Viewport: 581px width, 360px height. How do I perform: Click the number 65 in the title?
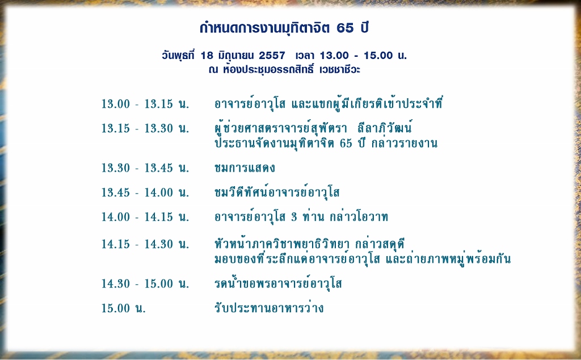[345, 28]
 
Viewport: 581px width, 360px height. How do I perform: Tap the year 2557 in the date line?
[272, 56]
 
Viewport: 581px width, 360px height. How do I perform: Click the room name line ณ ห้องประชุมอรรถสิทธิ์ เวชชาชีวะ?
[284, 70]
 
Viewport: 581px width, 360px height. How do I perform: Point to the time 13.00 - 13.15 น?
[145, 104]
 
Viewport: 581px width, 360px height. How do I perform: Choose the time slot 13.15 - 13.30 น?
[145, 128]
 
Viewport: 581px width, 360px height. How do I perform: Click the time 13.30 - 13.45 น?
[145, 168]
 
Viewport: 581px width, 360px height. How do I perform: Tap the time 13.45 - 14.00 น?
[145, 192]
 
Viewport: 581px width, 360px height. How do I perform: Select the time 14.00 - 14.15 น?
[145, 217]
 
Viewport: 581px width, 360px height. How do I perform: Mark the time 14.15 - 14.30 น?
[145, 244]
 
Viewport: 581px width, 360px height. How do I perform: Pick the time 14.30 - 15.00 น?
[145, 283]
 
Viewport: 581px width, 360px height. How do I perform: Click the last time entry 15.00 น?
[124, 308]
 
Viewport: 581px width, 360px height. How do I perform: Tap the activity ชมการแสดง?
[245, 168]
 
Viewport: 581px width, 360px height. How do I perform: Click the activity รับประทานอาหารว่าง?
[269, 307]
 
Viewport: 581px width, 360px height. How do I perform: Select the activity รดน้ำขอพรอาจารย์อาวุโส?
[278, 283]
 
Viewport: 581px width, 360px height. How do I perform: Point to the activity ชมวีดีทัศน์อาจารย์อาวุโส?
[277, 192]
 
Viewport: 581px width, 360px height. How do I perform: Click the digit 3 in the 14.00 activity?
[294, 217]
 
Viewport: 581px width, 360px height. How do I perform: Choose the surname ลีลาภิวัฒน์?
[385, 128]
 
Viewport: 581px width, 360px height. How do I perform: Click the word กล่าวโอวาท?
[359, 216]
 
